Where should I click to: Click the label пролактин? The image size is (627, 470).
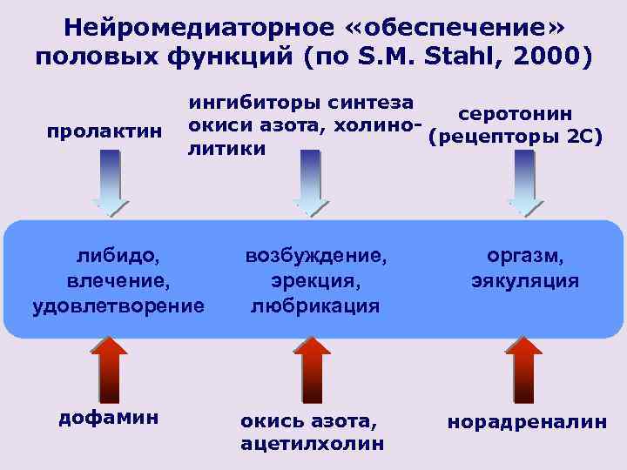pos(104,131)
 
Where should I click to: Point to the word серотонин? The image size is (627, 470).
pos(516,114)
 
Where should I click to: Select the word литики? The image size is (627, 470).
pos(227,149)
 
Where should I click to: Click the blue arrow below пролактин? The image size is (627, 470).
pos(110,183)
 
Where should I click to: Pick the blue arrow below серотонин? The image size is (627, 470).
pos(524,183)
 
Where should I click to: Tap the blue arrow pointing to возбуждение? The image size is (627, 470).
pos(310,183)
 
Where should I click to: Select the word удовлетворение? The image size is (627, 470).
pos(118,305)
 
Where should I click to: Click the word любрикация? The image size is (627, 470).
pos(315,305)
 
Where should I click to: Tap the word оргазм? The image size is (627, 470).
pos(525,257)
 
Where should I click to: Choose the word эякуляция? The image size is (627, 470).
pos(525,281)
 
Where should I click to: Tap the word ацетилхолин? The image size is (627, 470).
pos(312,444)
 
